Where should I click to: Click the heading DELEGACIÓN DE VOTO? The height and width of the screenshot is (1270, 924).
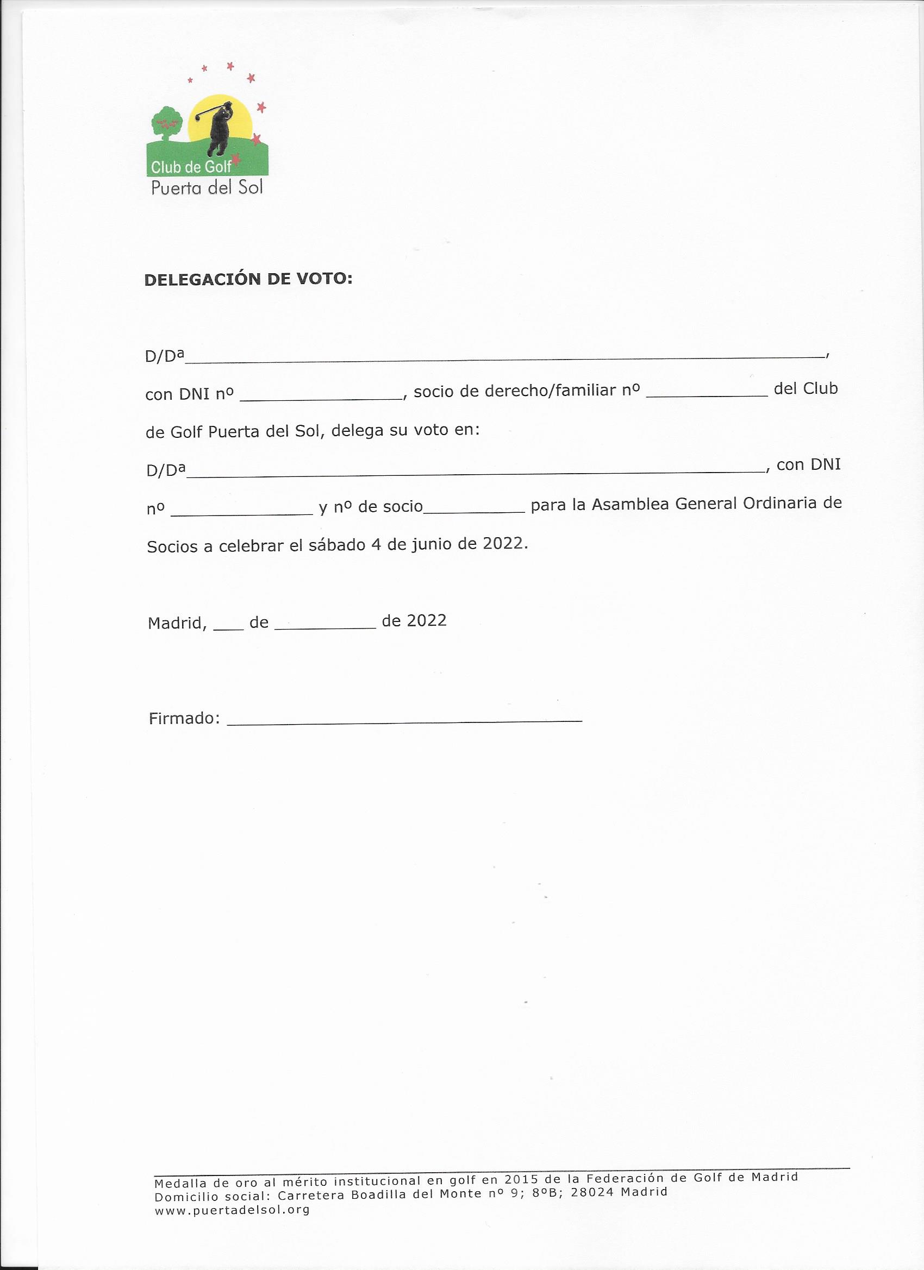click(248, 279)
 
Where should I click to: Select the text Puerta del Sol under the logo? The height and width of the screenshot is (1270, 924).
click(207, 187)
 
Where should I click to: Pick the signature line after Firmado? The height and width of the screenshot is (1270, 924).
click(404, 721)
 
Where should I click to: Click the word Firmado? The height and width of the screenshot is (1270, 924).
click(183, 719)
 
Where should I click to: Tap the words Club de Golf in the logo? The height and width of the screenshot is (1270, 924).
click(191, 167)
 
